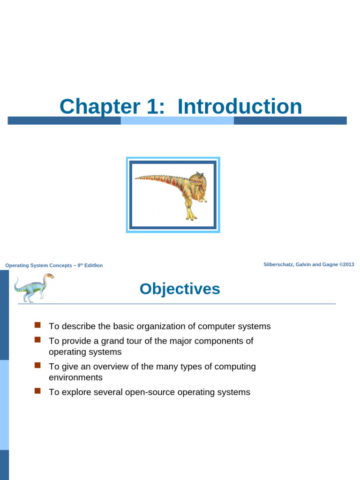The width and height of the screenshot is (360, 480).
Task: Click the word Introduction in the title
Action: (240, 106)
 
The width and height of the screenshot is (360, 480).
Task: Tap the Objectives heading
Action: (180, 289)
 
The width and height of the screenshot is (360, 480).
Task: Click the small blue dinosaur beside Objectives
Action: (33, 287)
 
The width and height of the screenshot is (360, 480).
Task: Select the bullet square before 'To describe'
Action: (38, 325)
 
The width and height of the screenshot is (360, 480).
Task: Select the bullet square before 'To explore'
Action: (38, 390)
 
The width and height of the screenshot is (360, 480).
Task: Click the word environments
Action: (75, 377)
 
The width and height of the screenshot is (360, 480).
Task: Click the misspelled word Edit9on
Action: (93, 265)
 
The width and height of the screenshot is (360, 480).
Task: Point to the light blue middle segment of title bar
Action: (177, 120)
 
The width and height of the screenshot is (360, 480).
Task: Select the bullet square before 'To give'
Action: (38, 365)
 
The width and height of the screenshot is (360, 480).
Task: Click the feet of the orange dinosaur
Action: (191, 217)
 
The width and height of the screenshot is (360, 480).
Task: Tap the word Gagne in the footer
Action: (328, 264)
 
